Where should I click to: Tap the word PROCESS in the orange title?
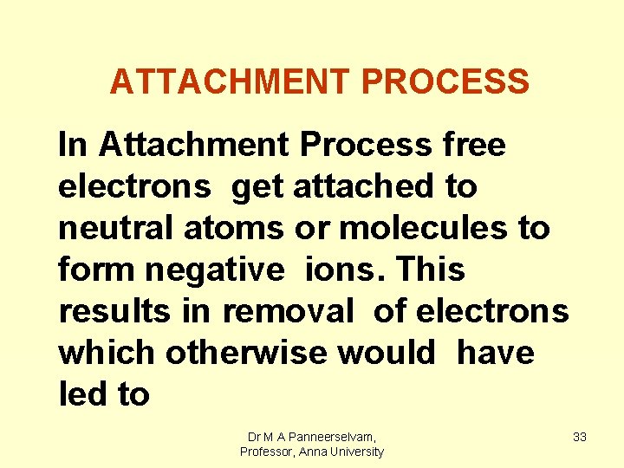tap(445, 81)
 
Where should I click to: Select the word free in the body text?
tap(473, 145)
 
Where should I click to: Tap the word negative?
tap(214, 270)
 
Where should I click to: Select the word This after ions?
tap(432, 270)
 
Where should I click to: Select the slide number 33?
tap(580, 438)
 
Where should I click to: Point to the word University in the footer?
tap(353, 452)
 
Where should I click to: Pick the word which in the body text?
tap(107, 354)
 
